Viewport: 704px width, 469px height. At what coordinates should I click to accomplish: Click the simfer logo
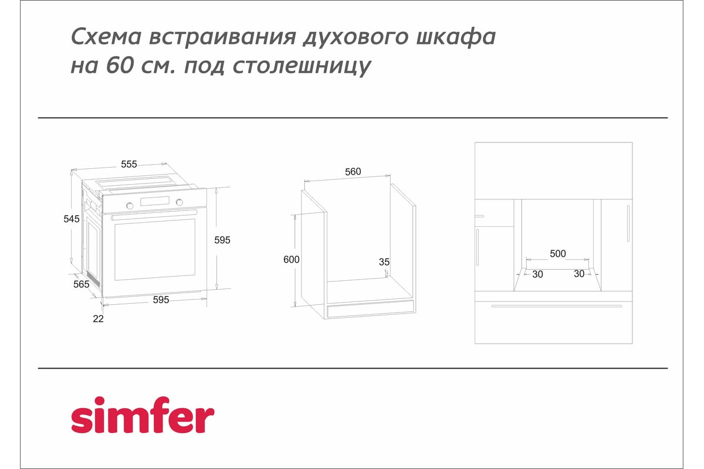pos(142,417)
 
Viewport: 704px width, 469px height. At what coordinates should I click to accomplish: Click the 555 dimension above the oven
pos(129,164)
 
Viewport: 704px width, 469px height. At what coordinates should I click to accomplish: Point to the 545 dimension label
pos(72,219)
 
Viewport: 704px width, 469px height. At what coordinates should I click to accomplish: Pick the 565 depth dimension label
pos(81,284)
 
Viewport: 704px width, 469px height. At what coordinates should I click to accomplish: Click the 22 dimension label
pos(98,318)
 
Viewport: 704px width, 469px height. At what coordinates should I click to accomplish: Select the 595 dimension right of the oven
pos(223,240)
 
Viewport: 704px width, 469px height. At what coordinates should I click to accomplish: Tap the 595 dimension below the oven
pos(161,300)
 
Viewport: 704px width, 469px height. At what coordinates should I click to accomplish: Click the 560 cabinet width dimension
pos(353,172)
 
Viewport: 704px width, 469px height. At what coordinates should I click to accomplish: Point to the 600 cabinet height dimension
pos(292,260)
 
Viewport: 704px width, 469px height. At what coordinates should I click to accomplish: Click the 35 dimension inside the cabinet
pos(384,261)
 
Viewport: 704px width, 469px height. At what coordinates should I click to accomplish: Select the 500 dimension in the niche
pos(557,254)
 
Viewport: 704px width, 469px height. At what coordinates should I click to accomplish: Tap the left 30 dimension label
pos(537,274)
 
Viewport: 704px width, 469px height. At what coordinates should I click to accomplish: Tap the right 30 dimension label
pos(579,274)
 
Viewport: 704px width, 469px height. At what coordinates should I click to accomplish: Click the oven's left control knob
pos(130,205)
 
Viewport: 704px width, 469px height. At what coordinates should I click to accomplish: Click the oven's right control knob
pos(180,202)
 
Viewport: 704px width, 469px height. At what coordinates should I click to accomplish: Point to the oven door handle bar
pos(154,216)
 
